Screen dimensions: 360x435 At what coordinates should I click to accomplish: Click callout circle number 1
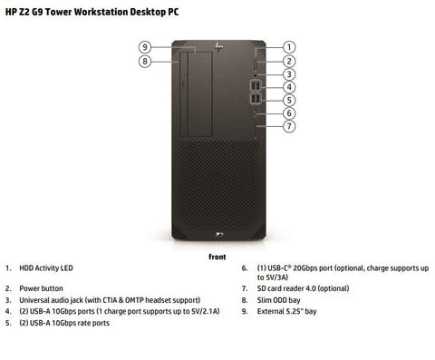(x=288, y=46)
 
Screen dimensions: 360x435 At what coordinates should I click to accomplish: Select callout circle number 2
(x=288, y=61)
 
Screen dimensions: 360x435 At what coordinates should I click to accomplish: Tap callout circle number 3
(x=288, y=74)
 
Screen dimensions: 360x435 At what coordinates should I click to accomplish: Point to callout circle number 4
(x=288, y=87)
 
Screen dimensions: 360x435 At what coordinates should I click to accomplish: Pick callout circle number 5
(x=288, y=100)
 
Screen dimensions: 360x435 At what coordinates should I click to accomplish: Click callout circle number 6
(x=288, y=113)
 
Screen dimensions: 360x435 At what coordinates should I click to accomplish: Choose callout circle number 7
(x=288, y=127)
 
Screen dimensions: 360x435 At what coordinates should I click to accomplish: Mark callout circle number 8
(x=144, y=61)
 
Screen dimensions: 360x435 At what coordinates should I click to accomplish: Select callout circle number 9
(x=144, y=46)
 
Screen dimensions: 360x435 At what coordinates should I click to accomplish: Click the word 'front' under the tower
(x=217, y=257)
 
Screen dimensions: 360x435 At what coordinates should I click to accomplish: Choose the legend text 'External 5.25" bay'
(x=286, y=311)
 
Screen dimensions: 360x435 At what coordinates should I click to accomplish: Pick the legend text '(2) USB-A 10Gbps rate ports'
(x=64, y=323)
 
